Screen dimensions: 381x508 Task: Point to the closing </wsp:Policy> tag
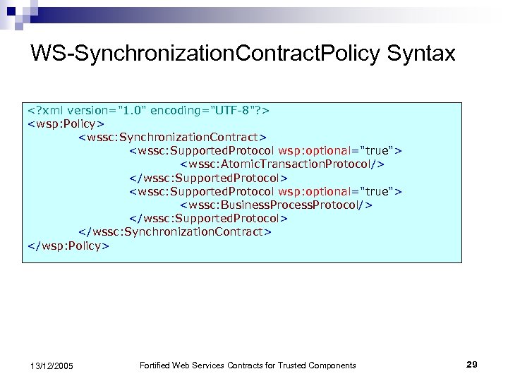pos(68,246)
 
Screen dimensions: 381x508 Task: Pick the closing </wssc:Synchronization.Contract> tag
pos(174,231)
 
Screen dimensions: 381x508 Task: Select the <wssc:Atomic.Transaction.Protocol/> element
pos(282,164)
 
